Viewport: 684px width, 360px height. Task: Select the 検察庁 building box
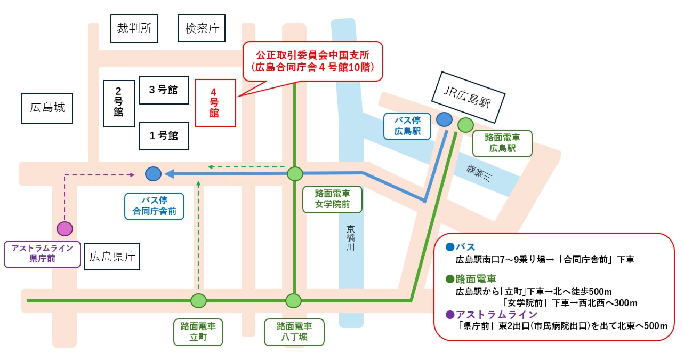pos(202,29)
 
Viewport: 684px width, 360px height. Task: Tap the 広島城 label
pos(47,108)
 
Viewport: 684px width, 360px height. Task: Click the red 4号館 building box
pos(215,103)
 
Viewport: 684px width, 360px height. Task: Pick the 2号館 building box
pos(119,103)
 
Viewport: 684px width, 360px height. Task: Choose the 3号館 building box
pos(164,90)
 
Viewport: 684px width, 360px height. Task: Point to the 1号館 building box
pos(164,136)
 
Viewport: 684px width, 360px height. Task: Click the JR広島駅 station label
pos(468,97)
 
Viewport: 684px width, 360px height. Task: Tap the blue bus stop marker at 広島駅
pos(444,119)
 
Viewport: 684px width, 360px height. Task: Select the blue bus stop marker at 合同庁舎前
pos(153,173)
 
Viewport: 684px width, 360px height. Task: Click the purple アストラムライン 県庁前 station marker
pos(65,229)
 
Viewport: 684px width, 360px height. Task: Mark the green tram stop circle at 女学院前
pos(295,174)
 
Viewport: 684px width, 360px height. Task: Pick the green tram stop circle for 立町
pos(198,301)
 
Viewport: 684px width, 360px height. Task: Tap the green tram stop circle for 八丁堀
pos(293,301)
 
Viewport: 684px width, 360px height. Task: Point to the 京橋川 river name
pos(350,238)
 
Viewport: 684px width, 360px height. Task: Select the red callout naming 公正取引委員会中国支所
pos(312,61)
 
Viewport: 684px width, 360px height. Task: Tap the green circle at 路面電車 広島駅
pos(465,125)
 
